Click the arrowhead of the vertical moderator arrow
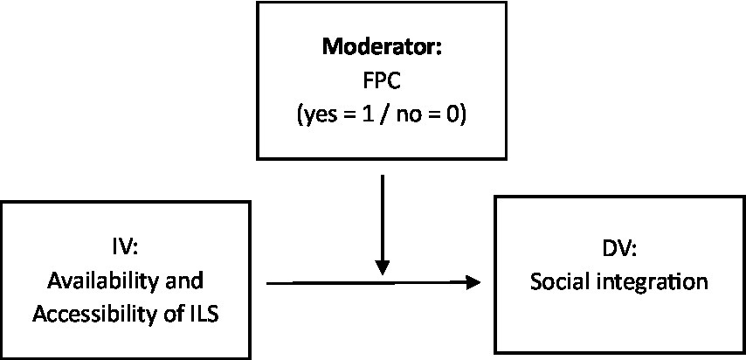[x=382, y=270]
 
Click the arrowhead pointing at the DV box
[x=473, y=283]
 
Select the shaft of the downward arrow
[x=382, y=218]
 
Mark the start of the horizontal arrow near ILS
[x=267, y=283]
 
